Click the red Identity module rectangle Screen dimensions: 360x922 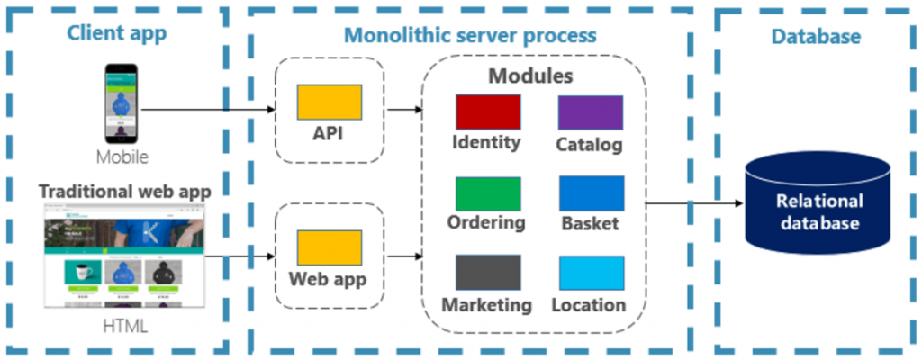click(487, 112)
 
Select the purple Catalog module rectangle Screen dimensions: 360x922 click(591, 112)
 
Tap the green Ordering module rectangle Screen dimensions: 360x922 click(487, 193)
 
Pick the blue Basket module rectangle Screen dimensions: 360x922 click(591, 193)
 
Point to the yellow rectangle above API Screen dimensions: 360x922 click(330, 102)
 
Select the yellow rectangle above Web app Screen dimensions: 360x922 click(330, 247)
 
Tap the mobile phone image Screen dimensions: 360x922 click(122, 103)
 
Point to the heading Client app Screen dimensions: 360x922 click(117, 35)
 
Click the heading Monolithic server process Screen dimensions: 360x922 click(469, 35)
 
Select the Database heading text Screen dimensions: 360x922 click(816, 37)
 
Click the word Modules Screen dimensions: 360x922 click(530, 75)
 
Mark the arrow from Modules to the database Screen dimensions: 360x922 click(693, 203)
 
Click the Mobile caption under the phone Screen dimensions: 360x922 click(122, 157)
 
